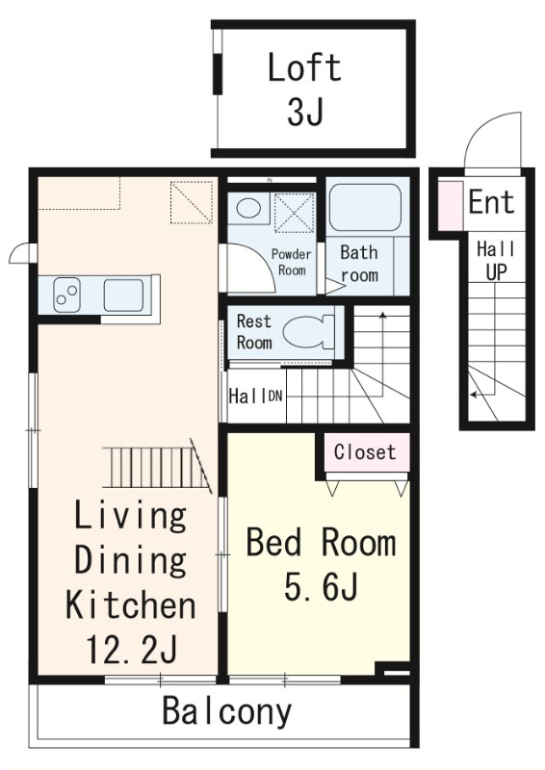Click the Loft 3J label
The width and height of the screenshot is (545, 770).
(x=304, y=90)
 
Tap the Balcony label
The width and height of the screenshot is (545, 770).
(x=226, y=711)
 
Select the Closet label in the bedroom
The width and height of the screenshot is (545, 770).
(x=365, y=451)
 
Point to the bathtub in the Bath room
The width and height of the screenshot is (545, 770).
(x=365, y=208)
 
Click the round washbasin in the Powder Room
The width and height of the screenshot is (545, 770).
(x=249, y=208)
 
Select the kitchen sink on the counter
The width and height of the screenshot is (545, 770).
(x=124, y=295)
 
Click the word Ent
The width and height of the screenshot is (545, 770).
(x=491, y=202)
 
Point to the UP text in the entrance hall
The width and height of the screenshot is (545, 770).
(x=496, y=271)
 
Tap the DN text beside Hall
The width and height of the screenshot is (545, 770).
(x=274, y=396)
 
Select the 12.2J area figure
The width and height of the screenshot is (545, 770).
(x=131, y=649)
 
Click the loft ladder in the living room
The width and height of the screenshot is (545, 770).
(x=157, y=467)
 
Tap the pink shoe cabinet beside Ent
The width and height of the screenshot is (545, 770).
(x=450, y=205)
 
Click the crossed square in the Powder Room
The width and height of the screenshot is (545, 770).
(x=294, y=212)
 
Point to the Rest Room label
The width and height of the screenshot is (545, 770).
(x=254, y=332)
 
